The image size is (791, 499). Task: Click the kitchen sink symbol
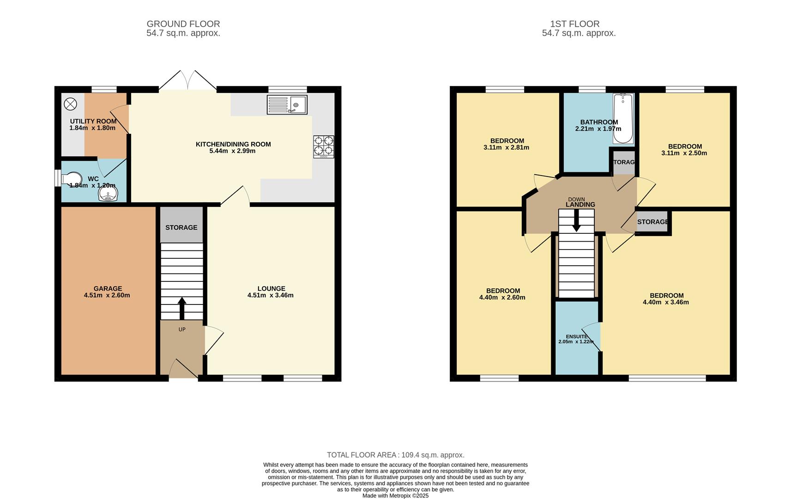tap(287, 104)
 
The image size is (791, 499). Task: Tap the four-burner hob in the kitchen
tap(323, 146)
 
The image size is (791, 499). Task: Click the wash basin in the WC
tap(108, 195)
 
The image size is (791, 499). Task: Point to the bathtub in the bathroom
tap(623, 118)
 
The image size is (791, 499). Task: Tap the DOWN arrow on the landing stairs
tap(576, 221)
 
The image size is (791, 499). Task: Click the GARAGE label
tap(108, 288)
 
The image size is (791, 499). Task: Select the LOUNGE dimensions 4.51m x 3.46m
tap(270, 295)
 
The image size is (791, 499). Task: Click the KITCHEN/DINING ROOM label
tap(233, 144)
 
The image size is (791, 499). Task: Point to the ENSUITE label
tap(576, 336)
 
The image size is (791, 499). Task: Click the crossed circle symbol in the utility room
tap(70, 104)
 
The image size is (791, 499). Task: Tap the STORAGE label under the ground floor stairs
tap(181, 227)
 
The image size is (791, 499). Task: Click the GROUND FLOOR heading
tap(183, 24)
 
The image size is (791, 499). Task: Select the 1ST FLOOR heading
tap(574, 24)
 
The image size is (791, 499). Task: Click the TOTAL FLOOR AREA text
tap(395, 455)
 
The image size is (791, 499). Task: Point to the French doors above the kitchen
tap(188, 81)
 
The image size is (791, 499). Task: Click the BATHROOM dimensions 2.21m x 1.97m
tap(598, 129)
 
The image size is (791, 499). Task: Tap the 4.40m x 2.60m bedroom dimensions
tap(502, 298)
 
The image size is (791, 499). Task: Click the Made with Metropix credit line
tap(395, 496)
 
